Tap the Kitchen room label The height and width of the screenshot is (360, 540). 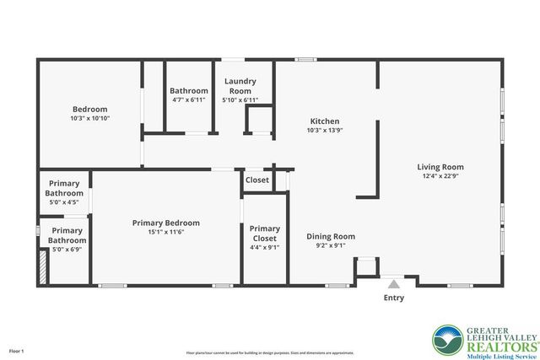pyautogui.click(x=324, y=121)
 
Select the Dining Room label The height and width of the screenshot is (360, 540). pyautogui.click(x=330, y=237)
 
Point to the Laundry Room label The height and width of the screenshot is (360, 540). pyautogui.click(x=240, y=86)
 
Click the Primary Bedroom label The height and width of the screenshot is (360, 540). pyautogui.click(x=166, y=223)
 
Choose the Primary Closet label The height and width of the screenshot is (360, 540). pyautogui.click(x=264, y=234)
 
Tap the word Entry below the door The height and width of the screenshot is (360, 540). pyautogui.click(x=393, y=298)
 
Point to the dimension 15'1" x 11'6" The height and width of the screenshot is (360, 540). pyautogui.click(x=166, y=233)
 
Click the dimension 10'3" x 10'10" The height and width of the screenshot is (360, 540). pyautogui.click(x=89, y=119)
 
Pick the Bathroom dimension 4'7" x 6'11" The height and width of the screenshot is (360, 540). pyautogui.click(x=189, y=100)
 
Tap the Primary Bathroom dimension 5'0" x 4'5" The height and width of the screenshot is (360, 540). pyautogui.click(x=65, y=202)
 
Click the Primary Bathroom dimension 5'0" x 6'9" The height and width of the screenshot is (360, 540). pyautogui.click(x=67, y=250)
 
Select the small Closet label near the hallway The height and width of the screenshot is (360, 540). pyautogui.click(x=257, y=180)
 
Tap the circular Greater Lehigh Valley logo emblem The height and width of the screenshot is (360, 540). pyautogui.click(x=447, y=339)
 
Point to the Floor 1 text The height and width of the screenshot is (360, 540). pyautogui.click(x=17, y=350)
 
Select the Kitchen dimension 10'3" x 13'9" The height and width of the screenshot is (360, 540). pyautogui.click(x=324, y=131)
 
